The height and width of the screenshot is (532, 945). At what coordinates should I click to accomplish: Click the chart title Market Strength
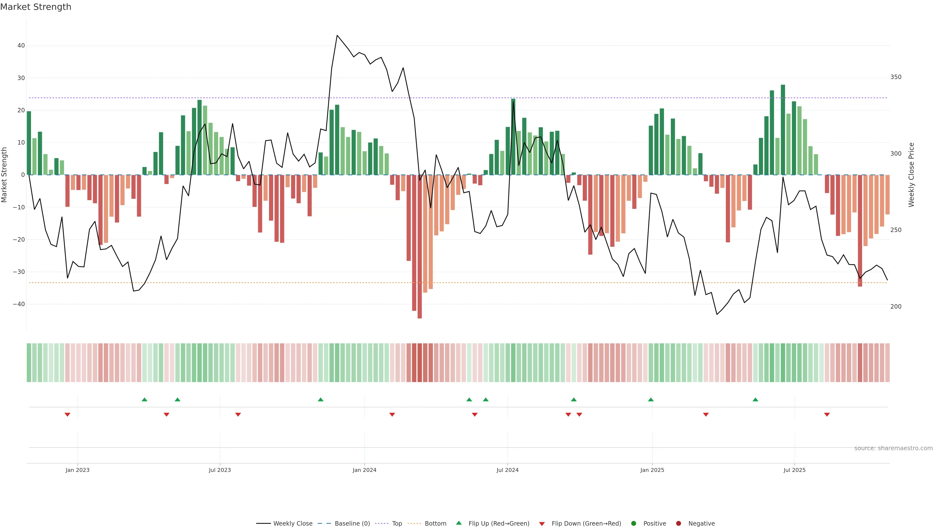(x=36, y=7)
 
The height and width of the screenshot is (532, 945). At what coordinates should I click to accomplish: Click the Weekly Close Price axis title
(x=911, y=175)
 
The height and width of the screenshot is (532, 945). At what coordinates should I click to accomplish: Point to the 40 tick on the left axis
(x=21, y=46)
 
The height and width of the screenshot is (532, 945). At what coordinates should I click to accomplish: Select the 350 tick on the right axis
(x=896, y=77)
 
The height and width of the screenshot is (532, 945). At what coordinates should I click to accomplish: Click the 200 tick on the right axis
(x=896, y=307)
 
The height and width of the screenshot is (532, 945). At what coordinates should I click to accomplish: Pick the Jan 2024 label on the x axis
(x=364, y=470)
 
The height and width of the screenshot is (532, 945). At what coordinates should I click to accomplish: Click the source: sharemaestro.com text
(x=893, y=448)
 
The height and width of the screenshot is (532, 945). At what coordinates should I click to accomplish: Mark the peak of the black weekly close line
(x=337, y=36)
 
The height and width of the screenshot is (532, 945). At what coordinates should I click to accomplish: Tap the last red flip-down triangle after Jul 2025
(x=827, y=415)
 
